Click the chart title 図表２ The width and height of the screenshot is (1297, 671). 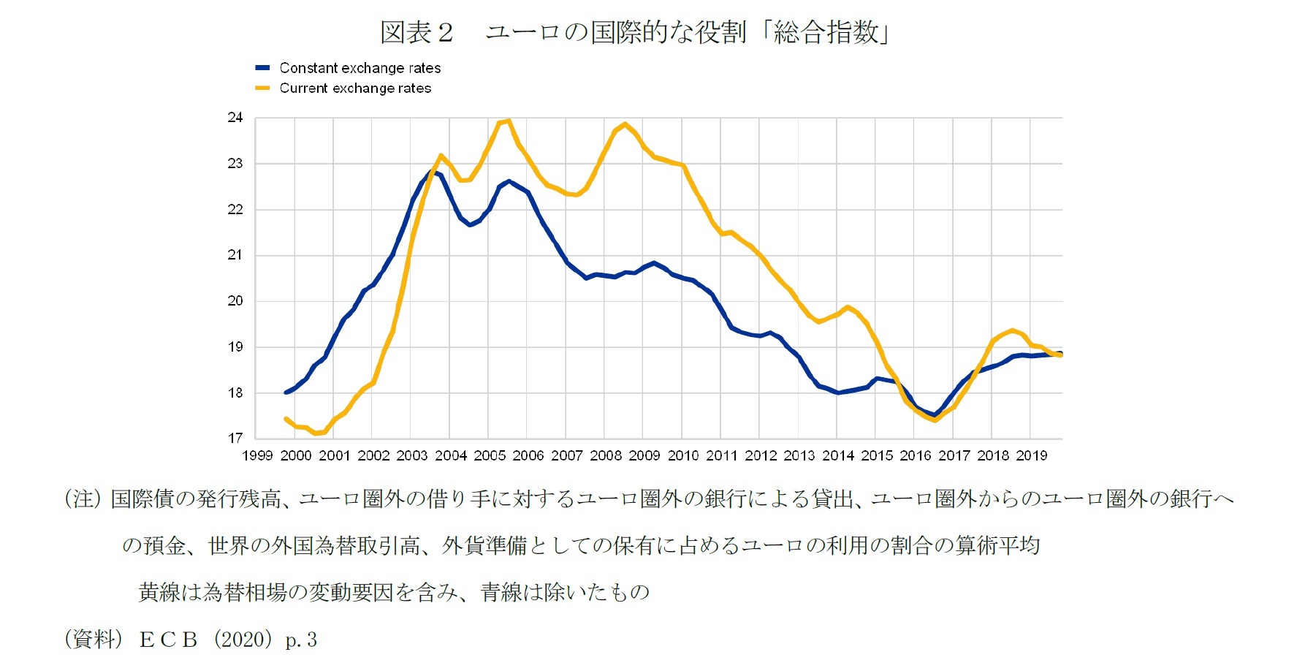click(417, 33)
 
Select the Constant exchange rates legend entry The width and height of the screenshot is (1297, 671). click(360, 68)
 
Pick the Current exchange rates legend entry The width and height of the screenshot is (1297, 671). click(355, 88)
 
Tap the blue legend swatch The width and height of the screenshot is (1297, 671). click(262, 68)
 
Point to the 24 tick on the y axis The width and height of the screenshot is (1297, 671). click(235, 118)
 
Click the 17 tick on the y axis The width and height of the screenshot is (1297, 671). click(235, 439)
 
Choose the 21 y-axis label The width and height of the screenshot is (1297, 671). click(235, 255)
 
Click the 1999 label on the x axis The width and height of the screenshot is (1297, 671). click(257, 456)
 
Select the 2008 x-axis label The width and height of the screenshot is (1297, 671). click(606, 456)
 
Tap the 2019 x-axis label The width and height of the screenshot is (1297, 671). click(1031, 456)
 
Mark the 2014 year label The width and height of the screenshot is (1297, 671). click(838, 456)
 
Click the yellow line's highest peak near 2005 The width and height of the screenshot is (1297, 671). click(508, 121)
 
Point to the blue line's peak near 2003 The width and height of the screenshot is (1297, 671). click(430, 172)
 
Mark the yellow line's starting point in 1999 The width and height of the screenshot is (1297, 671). click(286, 419)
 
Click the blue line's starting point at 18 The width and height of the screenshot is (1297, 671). click(286, 393)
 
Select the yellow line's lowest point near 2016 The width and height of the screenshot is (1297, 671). click(935, 420)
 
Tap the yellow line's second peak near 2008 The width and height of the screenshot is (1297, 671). click(625, 124)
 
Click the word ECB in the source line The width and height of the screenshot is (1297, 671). click(169, 640)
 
